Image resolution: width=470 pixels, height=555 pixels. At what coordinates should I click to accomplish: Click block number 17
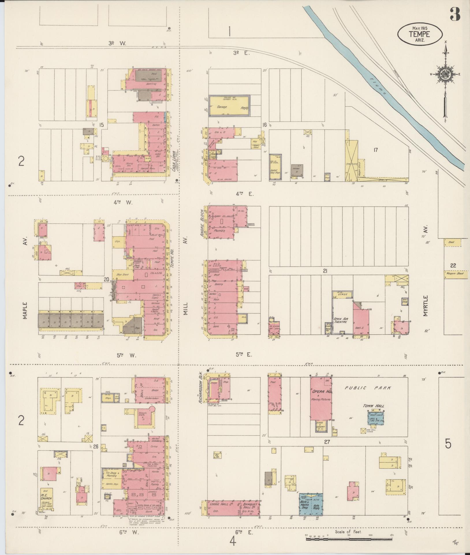(x=375, y=150)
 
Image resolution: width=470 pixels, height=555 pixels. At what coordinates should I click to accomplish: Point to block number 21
(x=325, y=271)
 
